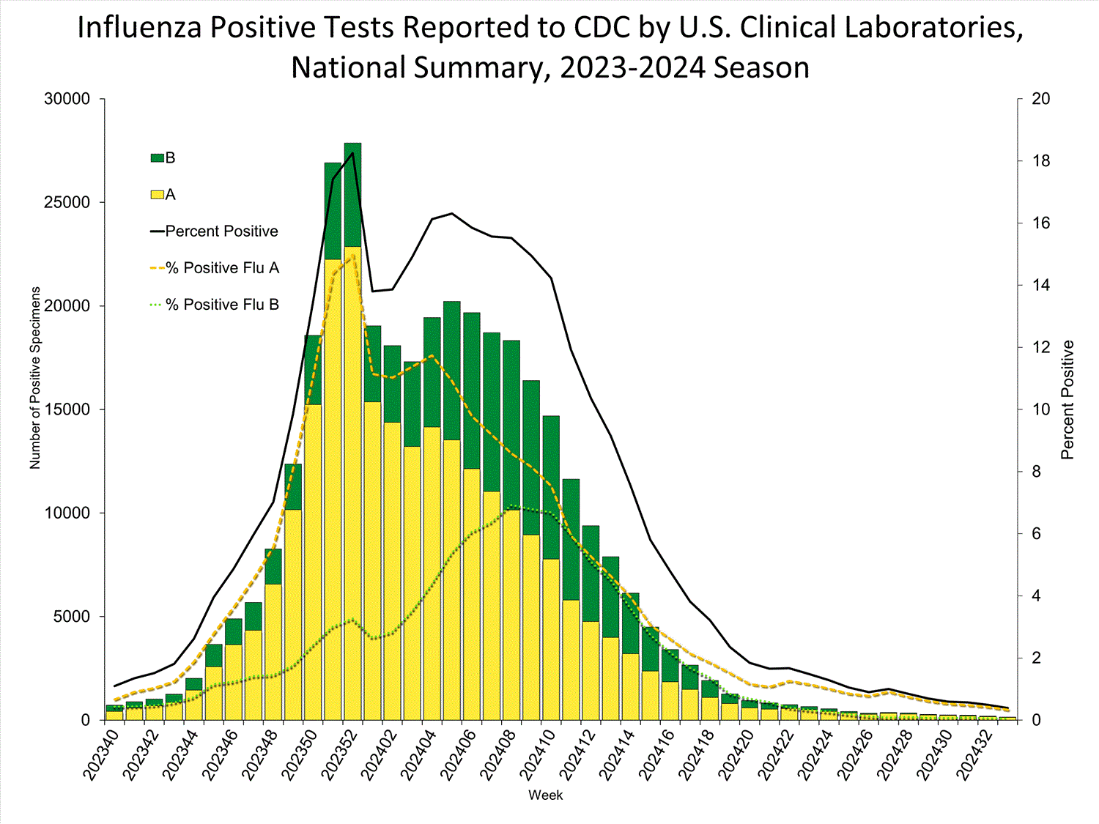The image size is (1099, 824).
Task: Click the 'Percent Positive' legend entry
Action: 221,231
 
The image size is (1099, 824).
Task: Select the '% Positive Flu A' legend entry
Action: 223,268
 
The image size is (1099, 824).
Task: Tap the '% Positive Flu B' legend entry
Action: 223,305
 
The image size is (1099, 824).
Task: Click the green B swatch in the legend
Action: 157,158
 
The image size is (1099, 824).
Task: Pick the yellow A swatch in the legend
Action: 157,195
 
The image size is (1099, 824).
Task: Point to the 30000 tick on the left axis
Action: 67,99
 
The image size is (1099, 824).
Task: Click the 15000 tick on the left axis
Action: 67,409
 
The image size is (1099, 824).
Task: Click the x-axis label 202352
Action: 341,754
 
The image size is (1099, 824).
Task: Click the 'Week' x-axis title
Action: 546,795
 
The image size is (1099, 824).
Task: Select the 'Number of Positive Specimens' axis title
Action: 35,377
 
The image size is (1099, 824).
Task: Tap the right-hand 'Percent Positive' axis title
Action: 1067,400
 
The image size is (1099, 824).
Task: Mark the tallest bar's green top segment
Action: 352,194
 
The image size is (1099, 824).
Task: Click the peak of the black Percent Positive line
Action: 353,153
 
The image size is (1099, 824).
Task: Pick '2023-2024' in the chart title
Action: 632,67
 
